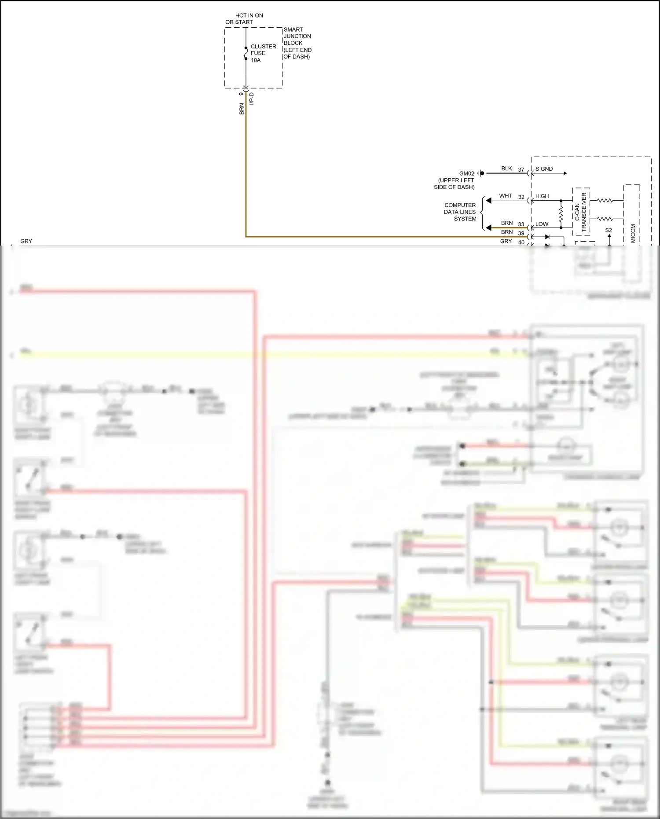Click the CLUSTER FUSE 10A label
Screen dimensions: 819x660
tap(263, 53)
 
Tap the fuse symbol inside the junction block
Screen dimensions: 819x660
tap(246, 53)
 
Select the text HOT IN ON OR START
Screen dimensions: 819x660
tap(244, 18)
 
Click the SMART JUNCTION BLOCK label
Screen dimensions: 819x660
tap(297, 43)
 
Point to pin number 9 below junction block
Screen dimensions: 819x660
tap(241, 94)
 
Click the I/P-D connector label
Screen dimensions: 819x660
tap(252, 99)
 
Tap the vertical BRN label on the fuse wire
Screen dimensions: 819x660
tap(241, 109)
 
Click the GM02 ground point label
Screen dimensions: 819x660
tap(466, 173)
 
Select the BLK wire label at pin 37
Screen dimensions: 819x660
tap(506, 169)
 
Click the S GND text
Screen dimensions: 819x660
tap(544, 169)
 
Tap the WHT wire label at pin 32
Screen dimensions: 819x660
tap(505, 196)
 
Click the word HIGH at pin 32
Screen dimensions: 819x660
tap(542, 196)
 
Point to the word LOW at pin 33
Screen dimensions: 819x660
tap(542, 224)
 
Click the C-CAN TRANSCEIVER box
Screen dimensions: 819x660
tap(581, 212)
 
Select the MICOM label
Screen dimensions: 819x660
tap(633, 233)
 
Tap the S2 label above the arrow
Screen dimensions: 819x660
tap(609, 230)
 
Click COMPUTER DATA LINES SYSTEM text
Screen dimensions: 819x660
tap(460, 212)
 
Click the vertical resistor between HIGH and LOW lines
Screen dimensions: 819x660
tap(561, 214)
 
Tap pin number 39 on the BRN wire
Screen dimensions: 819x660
tap(521, 233)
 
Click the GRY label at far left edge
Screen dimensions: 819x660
tap(26, 241)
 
